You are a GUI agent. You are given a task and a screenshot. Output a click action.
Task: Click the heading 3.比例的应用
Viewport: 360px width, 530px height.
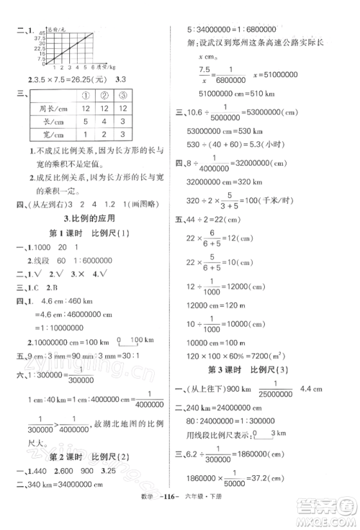pos(90,218)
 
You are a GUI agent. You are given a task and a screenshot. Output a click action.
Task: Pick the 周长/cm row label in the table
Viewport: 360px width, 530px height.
pos(47,107)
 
